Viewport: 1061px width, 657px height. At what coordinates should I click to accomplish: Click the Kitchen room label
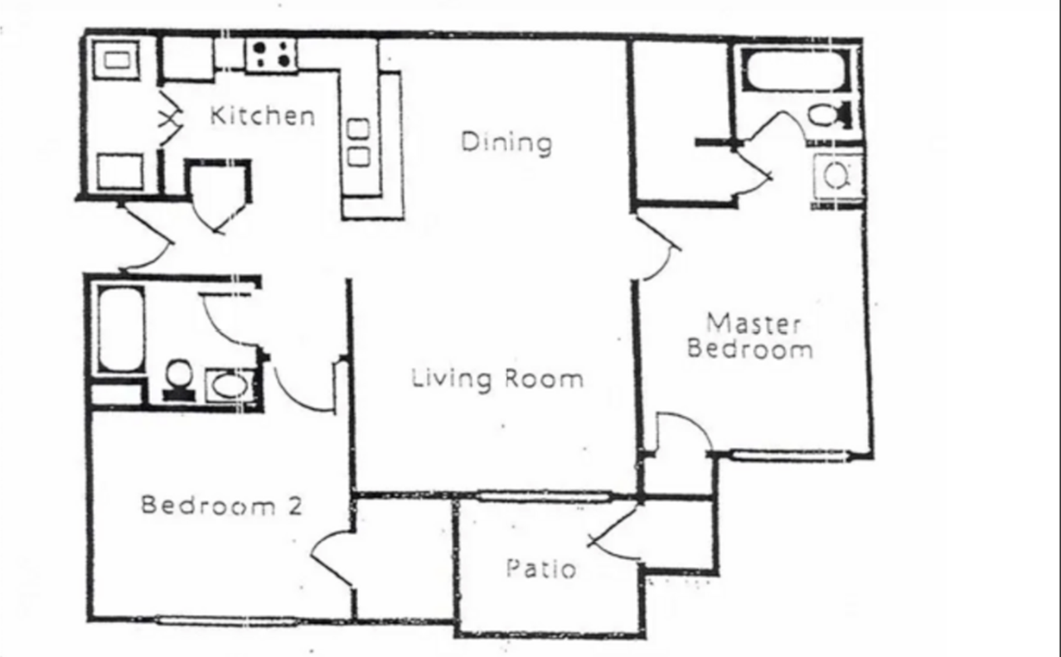(x=262, y=115)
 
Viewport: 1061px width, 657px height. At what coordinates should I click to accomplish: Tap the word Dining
(x=506, y=142)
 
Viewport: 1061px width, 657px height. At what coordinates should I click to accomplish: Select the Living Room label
(x=497, y=379)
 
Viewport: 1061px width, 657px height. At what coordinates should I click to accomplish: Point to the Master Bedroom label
(x=750, y=336)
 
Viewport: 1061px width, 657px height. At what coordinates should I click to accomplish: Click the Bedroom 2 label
(x=221, y=505)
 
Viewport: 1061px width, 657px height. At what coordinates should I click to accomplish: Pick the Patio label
(x=541, y=569)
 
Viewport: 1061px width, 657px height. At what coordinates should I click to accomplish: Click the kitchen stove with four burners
(x=271, y=55)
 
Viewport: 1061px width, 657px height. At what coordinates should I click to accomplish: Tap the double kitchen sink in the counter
(x=358, y=143)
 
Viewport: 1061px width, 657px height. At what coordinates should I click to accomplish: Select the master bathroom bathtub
(x=795, y=70)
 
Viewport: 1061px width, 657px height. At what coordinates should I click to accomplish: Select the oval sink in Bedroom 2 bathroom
(x=229, y=384)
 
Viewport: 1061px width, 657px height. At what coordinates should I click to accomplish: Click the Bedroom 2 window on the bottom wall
(x=225, y=621)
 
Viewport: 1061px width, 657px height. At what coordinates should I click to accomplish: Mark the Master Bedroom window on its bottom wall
(x=792, y=454)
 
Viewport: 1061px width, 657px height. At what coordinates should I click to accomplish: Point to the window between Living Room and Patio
(x=543, y=497)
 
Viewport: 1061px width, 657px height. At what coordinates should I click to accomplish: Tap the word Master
(x=753, y=322)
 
